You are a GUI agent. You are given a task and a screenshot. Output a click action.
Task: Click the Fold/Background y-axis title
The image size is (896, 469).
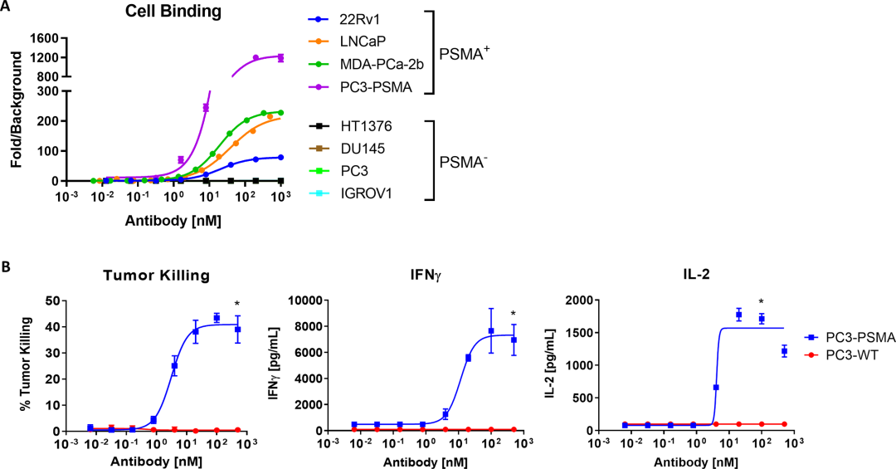pyautogui.click(x=15, y=108)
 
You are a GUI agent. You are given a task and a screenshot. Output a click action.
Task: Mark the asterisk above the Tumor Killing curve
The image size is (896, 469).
pyautogui.click(x=237, y=303)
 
